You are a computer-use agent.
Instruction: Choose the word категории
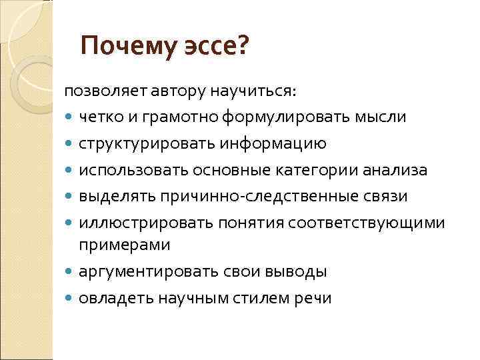click(x=322, y=170)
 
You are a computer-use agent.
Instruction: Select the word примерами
click(x=125, y=245)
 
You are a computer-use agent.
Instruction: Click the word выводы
click(x=293, y=272)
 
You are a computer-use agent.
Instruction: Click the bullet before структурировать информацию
click(x=70, y=145)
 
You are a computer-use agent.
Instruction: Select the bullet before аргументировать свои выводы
click(x=70, y=273)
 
